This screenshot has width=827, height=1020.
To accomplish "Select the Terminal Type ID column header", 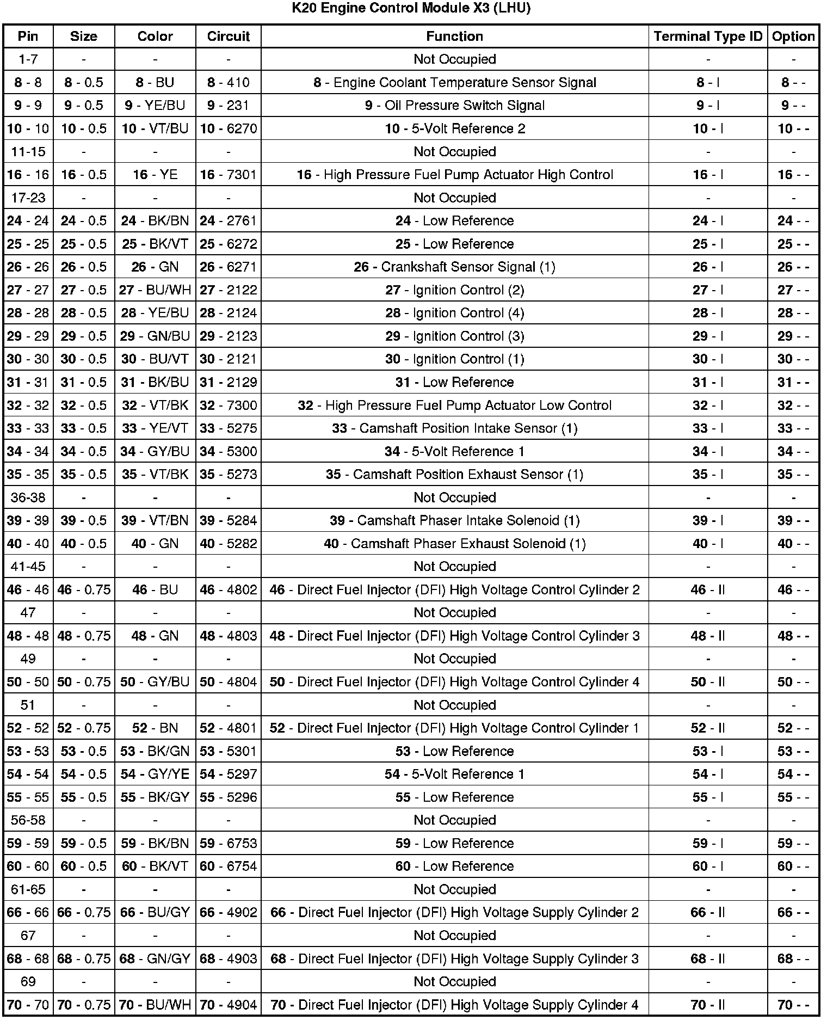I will tap(708, 36).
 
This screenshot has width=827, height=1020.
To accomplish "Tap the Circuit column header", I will tap(229, 36).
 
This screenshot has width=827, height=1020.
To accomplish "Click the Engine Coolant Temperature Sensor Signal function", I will tap(455, 83).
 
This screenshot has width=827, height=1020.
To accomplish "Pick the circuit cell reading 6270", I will tap(229, 129).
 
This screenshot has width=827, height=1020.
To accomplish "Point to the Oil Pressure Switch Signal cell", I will tap(455, 106).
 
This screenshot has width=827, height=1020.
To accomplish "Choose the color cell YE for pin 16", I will tap(155, 175).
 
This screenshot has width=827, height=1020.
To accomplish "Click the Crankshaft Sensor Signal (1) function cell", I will tap(455, 267).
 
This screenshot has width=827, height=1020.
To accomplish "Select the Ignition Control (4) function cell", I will tap(455, 313).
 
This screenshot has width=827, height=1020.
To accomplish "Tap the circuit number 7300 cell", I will tap(229, 405).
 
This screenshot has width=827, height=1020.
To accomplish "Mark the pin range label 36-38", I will tap(28, 497).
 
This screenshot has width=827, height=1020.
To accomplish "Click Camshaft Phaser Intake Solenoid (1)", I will tap(455, 521).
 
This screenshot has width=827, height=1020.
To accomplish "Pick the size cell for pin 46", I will tap(84, 590).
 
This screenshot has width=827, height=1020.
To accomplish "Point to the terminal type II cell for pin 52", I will tap(708, 728).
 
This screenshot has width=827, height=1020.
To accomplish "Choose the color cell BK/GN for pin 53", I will tap(155, 752).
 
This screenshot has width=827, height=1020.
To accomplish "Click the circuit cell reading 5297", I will tap(229, 775).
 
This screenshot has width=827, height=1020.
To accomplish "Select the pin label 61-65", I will tap(28, 890).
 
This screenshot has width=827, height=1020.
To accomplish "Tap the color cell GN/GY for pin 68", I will tap(155, 959).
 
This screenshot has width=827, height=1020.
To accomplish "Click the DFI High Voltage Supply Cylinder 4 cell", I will tap(455, 1005).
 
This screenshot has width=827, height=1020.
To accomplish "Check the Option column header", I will tap(793, 36).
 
